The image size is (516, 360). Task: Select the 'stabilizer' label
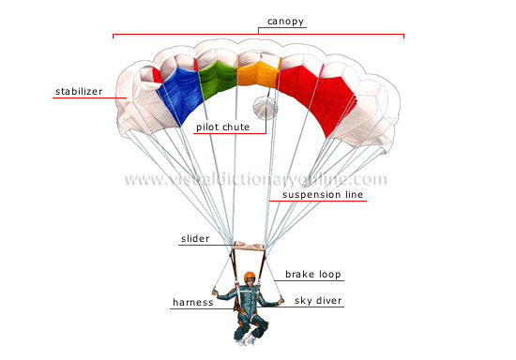pyautogui.click(x=76, y=91)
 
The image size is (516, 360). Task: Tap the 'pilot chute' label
pyautogui.click(x=223, y=126)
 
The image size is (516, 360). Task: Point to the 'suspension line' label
pyautogui.click(x=317, y=195)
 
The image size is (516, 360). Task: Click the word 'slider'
pyautogui.click(x=195, y=239)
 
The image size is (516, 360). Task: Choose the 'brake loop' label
pyautogui.click(x=314, y=275)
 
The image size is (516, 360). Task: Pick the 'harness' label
pyautogui.click(x=192, y=302)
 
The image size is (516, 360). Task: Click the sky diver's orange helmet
pyautogui.click(x=250, y=277)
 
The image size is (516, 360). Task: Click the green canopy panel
pyautogui.click(x=217, y=82)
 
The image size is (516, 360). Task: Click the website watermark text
pyautogui.click(x=255, y=179)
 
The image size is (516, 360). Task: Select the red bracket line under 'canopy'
pyautogui.click(x=258, y=35)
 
